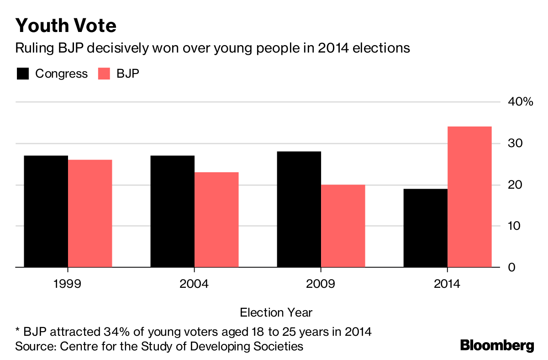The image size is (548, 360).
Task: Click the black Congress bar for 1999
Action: point(46,211)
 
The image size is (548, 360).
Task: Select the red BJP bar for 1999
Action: point(90,213)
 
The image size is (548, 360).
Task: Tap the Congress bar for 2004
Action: point(172,211)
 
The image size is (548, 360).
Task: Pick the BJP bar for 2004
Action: point(216,219)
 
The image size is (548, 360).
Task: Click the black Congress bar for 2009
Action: point(299,209)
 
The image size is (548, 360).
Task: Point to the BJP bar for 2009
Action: point(343,226)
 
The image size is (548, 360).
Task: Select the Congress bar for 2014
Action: point(426,228)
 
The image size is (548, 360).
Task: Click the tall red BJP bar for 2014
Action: point(469,196)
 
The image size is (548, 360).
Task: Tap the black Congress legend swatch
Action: point(22,74)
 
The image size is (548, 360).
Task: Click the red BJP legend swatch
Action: point(104,74)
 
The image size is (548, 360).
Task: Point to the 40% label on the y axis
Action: point(520,102)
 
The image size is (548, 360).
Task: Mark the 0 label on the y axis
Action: point(511,267)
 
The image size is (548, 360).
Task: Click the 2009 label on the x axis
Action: point(321,284)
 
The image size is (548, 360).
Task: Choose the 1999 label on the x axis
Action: point(68,284)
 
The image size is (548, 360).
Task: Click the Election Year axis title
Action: point(276,312)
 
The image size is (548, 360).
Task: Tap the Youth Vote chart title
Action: point(66,26)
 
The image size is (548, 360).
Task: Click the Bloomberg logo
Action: point(497,345)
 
